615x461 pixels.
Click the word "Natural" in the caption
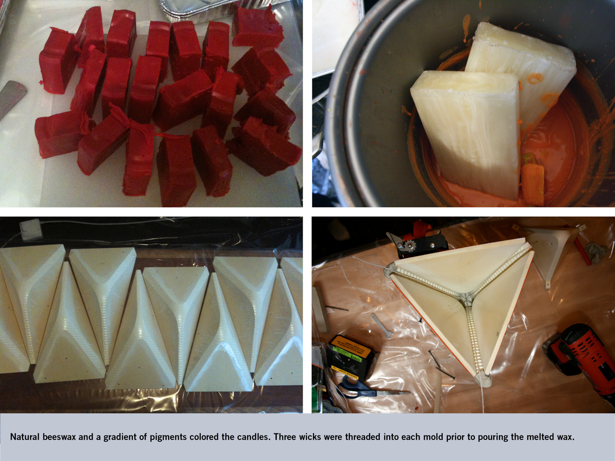[x=25, y=436]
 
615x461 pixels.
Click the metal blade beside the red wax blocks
[x=12, y=96]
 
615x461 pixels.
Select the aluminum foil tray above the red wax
[x=199, y=9]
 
